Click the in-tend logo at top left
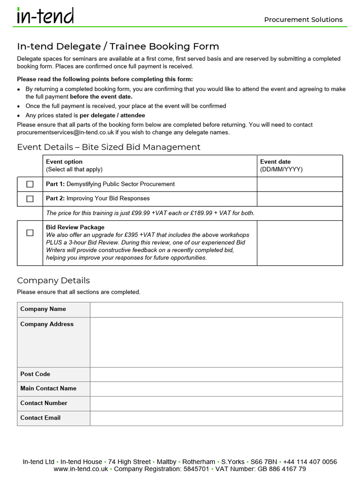pos(45,16)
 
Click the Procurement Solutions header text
pos(303,20)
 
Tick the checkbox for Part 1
pos(30,184)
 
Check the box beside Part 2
pos(30,199)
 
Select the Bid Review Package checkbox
pos(30,232)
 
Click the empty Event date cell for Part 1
pos(300,184)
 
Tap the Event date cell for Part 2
pos(300,199)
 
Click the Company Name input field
pos(216,309)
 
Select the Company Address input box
pos(216,342)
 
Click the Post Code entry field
pos(216,375)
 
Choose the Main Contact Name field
pos(216,389)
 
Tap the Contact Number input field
pos(216,404)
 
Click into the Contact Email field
pos(216,418)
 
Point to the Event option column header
pos(64,162)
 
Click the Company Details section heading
pos(53,280)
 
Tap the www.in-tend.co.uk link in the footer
pos(81,469)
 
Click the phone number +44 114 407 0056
pos(310,462)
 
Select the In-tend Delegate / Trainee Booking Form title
pos(118,46)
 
